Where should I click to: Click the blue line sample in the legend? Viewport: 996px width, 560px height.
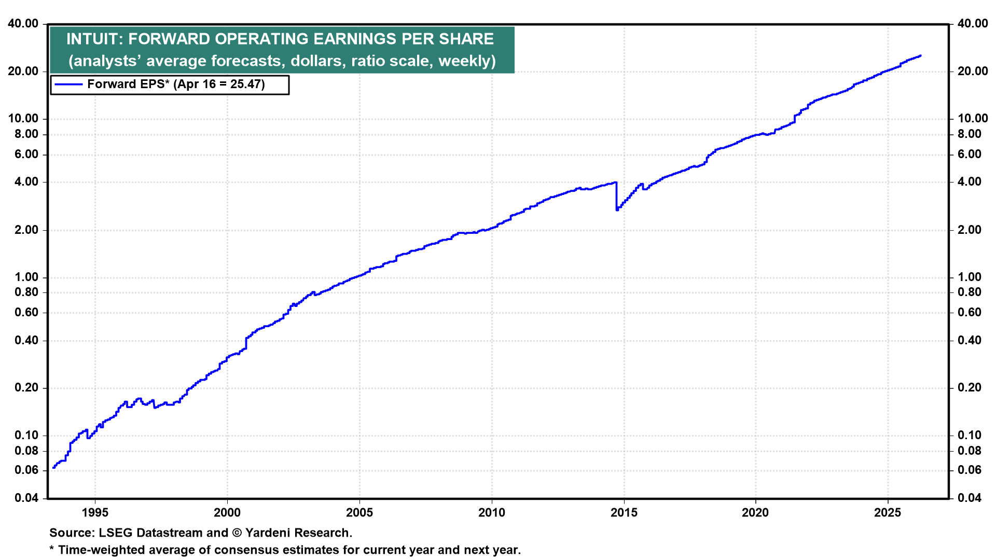tap(68, 85)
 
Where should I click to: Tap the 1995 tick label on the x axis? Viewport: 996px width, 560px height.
tap(95, 513)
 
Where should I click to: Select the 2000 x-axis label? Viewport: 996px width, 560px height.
tap(227, 513)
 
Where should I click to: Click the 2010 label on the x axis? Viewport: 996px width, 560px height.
tap(491, 513)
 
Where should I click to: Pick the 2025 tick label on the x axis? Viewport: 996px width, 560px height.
tap(888, 513)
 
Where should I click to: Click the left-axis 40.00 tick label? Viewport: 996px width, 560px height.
tap(23, 24)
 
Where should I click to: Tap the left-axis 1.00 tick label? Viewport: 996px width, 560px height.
tap(26, 277)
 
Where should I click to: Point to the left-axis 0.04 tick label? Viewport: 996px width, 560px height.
tap(26, 498)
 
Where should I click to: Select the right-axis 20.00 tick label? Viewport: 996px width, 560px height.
tap(973, 72)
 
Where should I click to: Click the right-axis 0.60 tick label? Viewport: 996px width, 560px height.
tap(970, 313)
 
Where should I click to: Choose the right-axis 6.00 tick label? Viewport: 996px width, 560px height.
tap(970, 155)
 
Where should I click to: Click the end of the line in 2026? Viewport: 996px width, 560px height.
tap(920, 56)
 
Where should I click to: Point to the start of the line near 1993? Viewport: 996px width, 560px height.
tap(54, 468)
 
